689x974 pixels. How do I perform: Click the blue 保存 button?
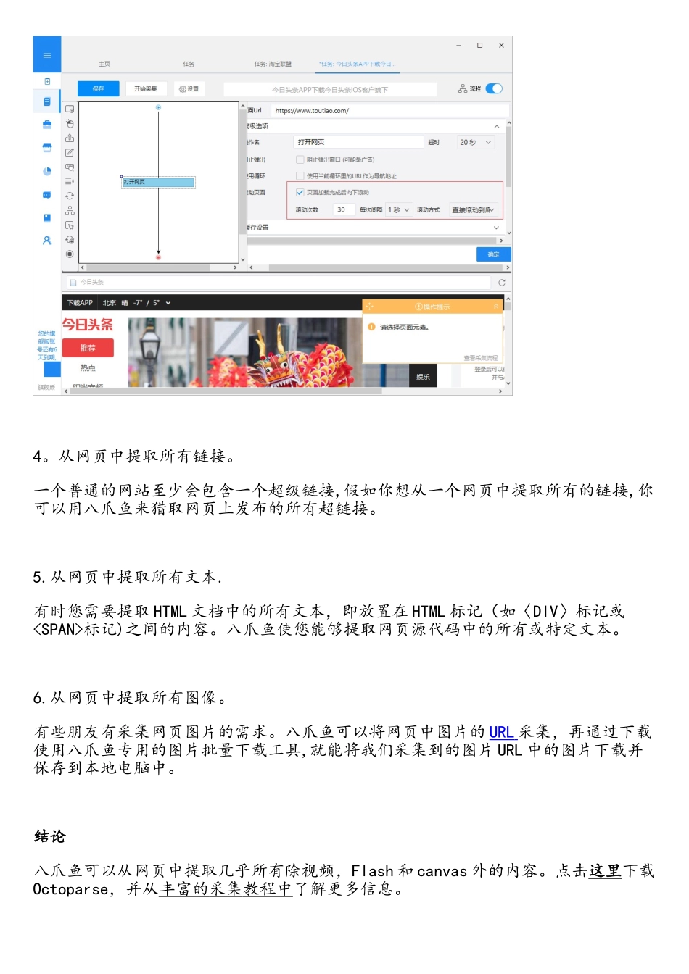point(99,88)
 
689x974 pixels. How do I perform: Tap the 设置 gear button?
point(189,88)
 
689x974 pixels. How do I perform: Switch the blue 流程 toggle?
point(494,88)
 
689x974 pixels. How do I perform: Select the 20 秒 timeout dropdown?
point(475,143)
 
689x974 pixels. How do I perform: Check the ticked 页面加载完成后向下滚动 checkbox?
point(300,193)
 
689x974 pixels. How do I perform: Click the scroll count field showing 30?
point(342,209)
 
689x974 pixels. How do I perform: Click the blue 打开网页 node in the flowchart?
point(158,182)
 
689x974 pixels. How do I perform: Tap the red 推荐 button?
point(88,348)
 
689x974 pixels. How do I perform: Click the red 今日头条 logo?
point(87,325)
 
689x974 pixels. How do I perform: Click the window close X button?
point(501,46)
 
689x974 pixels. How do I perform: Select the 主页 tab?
point(104,64)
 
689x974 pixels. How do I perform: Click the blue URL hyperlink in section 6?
point(501,732)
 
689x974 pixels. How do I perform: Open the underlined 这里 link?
point(605,870)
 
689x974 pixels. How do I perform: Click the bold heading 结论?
point(50,836)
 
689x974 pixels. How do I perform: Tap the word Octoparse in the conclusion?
point(70,889)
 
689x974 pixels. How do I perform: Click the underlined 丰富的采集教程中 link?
point(226,889)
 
